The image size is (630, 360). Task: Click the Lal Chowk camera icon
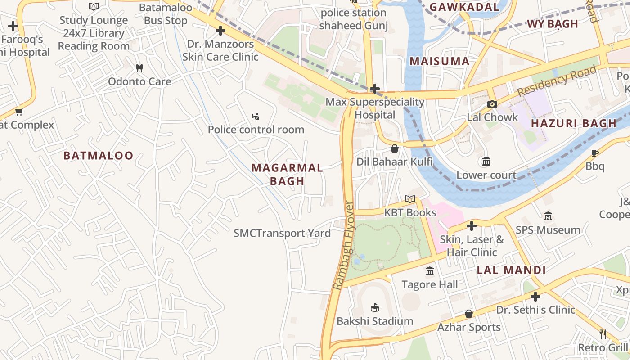click(492, 104)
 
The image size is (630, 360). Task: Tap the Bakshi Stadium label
click(375, 321)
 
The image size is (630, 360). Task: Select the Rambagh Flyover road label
click(344, 245)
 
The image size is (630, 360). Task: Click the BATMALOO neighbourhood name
click(99, 156)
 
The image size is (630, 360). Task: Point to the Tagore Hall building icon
click(430, 271)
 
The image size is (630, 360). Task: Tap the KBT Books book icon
click(409, 199)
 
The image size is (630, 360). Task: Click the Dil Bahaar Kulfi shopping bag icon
click(395, 148)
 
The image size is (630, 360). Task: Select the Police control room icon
click(256, 117)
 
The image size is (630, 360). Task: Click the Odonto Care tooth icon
click(139, 68)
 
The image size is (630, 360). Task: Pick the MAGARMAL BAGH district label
click(287, 175)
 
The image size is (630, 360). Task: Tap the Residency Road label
click(557, 81)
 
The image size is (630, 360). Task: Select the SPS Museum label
click(548, 230)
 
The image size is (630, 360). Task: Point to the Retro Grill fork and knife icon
click(603, 334)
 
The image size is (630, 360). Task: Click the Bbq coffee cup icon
click(595, 153)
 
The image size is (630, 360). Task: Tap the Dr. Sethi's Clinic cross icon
click(535, 297)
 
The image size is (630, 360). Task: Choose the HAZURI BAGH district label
click(573, 123)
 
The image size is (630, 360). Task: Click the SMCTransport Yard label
click(282, 233)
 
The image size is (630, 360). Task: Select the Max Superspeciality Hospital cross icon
click(374, 89)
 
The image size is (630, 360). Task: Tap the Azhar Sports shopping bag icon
click(469, 314)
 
